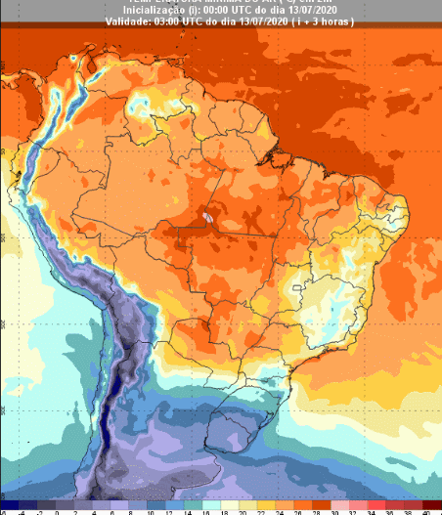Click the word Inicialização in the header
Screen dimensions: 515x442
[150, 10]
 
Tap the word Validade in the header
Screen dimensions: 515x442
[126, 21]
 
